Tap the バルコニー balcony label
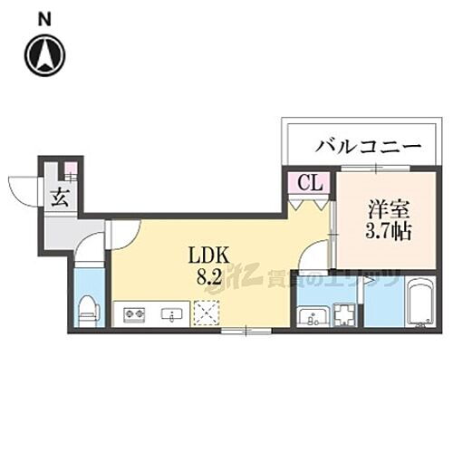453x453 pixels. point(368,145)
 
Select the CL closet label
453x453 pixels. point(309,183)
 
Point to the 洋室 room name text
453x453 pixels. point(385,207)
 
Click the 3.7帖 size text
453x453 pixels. point(387,231)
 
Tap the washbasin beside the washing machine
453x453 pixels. point(313,316)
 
